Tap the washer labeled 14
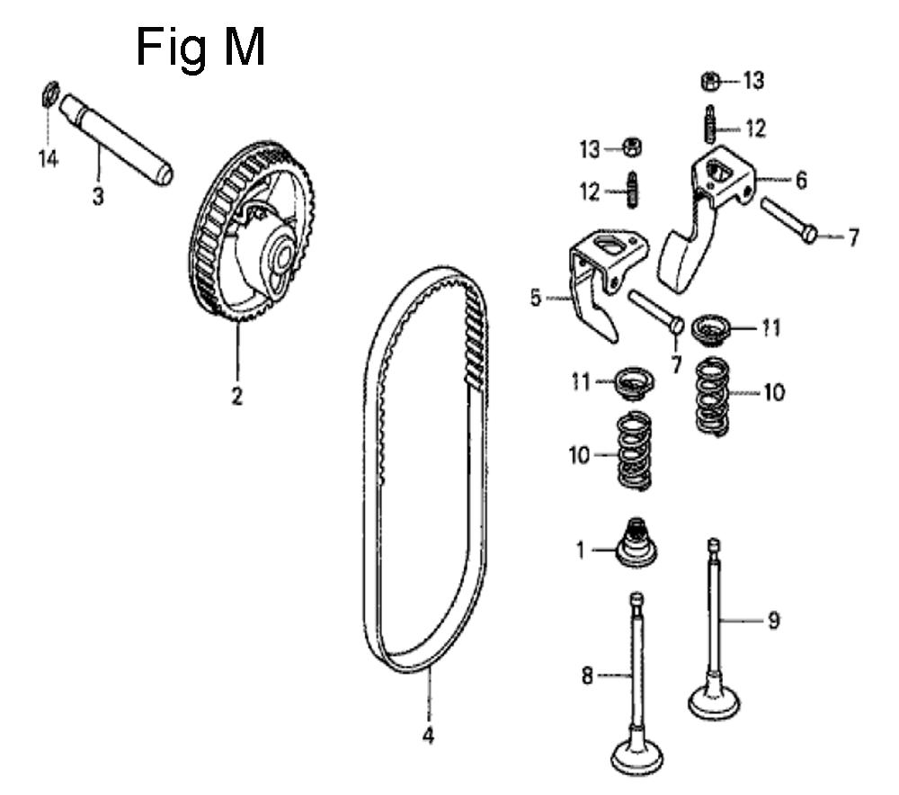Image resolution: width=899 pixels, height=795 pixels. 49,94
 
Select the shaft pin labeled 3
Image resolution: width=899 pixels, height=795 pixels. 116,139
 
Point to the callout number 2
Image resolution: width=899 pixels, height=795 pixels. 236,395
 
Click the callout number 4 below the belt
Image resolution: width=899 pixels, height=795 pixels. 428,735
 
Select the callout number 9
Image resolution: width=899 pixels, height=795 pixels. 773,620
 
